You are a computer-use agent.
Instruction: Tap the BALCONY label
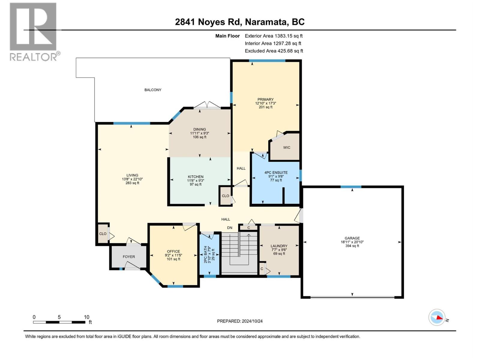(153, 90)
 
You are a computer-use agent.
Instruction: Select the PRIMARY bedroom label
(265, 100)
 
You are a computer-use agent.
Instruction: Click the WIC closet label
(287, 148)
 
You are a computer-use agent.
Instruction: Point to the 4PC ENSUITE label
(276, 172)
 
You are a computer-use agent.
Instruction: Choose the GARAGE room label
(352, 238)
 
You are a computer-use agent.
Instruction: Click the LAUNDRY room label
(279, 246)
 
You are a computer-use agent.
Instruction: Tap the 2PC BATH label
(205, 255)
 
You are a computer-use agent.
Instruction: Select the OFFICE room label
(173, 251)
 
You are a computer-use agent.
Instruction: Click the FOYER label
(129, 256)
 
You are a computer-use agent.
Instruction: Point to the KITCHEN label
(196, 177)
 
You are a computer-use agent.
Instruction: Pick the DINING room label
(199, 129)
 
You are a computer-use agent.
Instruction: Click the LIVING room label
(132, 175)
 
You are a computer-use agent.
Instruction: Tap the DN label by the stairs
(229, 228)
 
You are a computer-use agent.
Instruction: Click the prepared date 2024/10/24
(252, 321)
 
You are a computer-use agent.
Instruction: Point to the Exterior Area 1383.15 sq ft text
(274, 36)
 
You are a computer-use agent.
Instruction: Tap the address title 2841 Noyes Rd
(208, 22)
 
